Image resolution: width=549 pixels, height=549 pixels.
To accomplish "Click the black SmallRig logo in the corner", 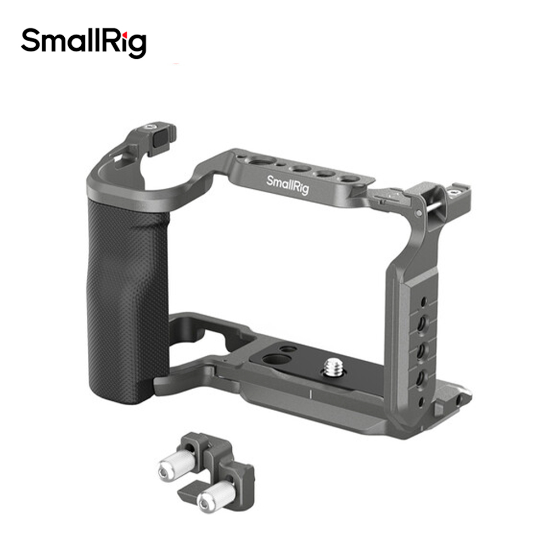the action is (83, 43).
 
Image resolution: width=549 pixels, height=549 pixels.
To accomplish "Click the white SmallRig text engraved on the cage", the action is (288, 184).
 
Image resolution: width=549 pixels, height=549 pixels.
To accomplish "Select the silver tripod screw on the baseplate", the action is (333, 367).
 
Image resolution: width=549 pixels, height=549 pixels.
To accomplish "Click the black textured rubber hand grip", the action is (127, 300).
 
